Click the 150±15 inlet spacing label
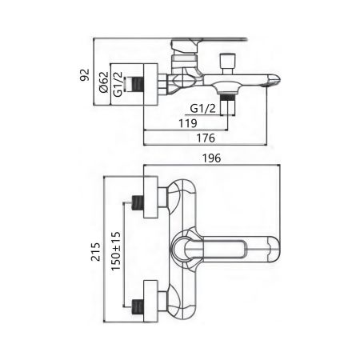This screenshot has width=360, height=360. pyautogui.click(x=115, y=253)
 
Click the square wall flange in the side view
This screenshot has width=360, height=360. pyautogui.click(x=155, y=82)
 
